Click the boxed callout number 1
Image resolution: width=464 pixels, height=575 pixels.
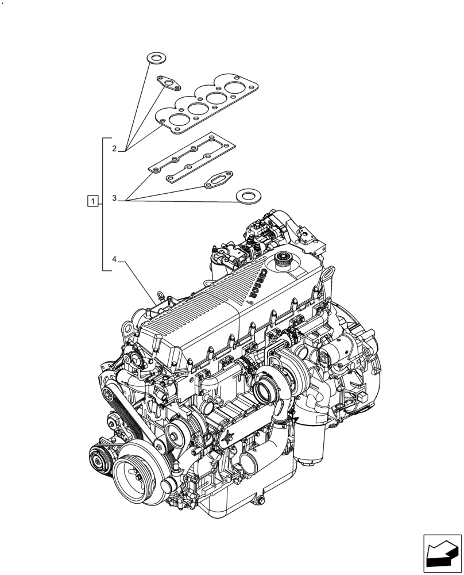click(92, 201)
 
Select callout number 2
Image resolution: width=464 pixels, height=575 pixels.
click(114, 149)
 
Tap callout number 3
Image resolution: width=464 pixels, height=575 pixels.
click(114, 198)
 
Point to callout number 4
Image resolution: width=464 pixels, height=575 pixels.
click(114, 260)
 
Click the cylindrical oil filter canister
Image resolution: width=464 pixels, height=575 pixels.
click(310, 442)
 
